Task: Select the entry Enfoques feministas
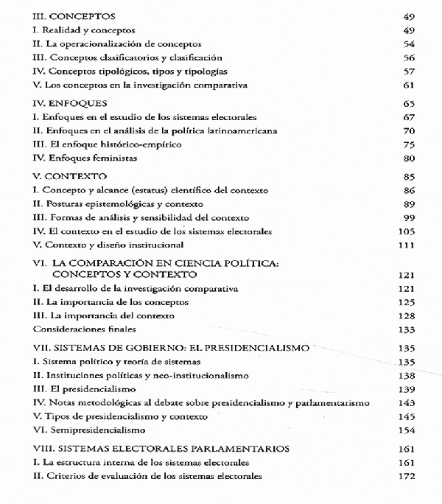click(84, 158)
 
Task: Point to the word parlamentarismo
click(329, 402)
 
